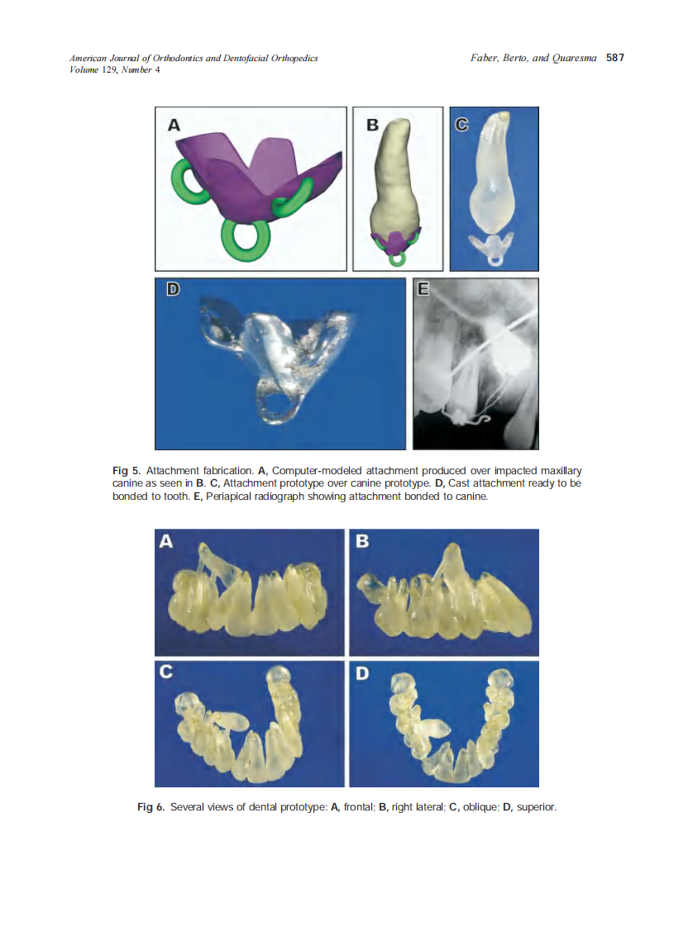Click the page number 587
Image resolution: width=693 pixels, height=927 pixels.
(614, 59)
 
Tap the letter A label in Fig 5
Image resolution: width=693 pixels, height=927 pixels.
(174, 125)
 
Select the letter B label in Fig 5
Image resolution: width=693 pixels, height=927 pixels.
(372, 125)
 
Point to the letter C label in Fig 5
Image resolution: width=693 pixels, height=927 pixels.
(461, 125)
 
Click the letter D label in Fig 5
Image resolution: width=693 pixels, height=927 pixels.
(174, 290)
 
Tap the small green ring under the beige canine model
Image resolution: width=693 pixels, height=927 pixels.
(399, 258)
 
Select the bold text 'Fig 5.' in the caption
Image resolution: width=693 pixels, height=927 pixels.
(126, 470)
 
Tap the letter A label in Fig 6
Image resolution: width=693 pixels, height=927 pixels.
(166, 542)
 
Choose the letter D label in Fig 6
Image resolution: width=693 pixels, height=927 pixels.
(361, 673)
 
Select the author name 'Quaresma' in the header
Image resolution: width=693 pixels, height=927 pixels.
(575, 59)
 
